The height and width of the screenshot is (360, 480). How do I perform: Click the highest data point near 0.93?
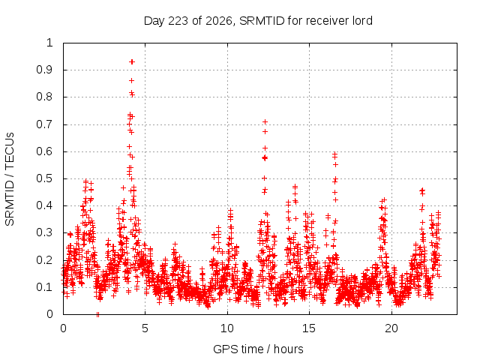pyautogui.click(x=132, y=61)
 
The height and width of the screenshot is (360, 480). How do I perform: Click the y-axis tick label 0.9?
pyautogui.click(x=45, y=70)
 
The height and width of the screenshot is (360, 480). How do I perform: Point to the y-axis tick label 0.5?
pyautogui.click(x=45, y=178)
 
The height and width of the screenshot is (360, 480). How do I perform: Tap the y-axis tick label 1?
pyautogui.click(x=50, y=43)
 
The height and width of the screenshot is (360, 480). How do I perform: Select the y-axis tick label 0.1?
pyautogui.click(x=45, y=287)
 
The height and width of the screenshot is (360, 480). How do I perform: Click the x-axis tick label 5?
pyautogui.click(x=145, y=328)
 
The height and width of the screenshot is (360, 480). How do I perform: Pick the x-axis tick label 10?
pyautogui.click(x=227, y=328)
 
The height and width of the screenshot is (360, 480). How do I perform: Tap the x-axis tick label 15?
pyautogui.click(x=309, y=328)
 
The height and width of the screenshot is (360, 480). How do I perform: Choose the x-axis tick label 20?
pyautogui.click(x=391, y=328)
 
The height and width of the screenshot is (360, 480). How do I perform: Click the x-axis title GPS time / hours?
pyautogui.click(x=258, y=349)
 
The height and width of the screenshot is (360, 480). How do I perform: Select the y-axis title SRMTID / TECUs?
pyautogui.click(x=10, y=179)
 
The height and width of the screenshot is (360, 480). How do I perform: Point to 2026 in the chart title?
pyautogui.click(x=218, y=21)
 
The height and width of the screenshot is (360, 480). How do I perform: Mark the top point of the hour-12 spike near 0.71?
pyautogui.click(x=265, y=122)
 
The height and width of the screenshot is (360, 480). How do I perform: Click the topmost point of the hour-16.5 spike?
pyautogui.click(x=335, y=154)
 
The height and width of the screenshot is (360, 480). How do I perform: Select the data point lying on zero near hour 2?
pyautogui.click(x=97, y=314)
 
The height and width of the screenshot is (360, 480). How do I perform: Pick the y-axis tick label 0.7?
pyautogui.click(x=45, y=124)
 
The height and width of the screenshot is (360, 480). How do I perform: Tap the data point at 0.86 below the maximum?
pyautogui.click(x=132, y=81)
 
